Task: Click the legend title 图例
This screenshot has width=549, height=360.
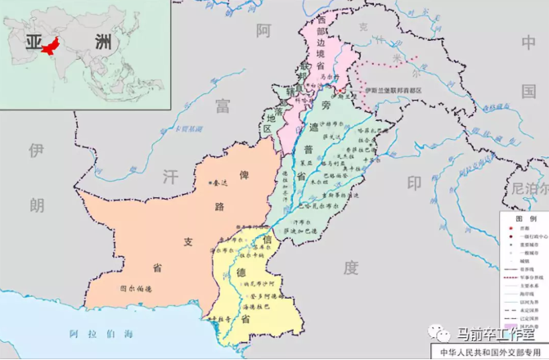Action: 526,219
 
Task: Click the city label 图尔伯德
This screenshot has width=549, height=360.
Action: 136,288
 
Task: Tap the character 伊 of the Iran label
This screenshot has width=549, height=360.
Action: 35,151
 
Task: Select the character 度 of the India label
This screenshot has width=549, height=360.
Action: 352,267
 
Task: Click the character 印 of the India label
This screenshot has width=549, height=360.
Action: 415,182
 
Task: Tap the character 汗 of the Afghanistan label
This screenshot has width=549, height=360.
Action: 169,176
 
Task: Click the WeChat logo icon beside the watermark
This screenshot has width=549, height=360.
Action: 441,334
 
